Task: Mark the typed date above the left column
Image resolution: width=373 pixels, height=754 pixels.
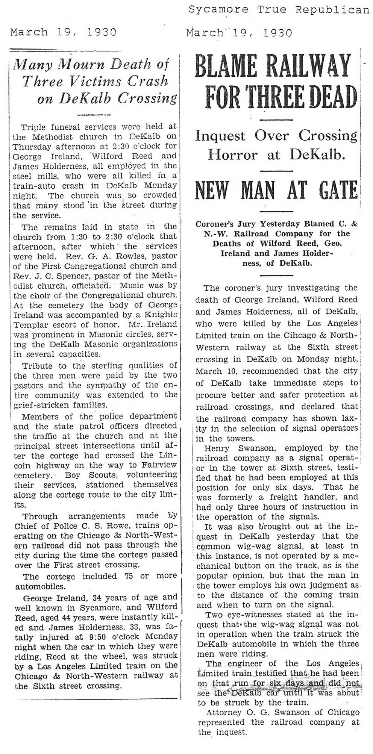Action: [x=63, y=33]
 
